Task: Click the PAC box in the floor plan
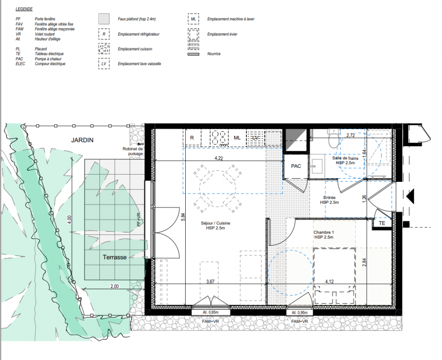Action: [296, 166]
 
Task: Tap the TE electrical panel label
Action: [382, 223]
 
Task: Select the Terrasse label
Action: [115, 257]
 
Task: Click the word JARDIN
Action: [82, 140]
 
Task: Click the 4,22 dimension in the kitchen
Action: [219, 158]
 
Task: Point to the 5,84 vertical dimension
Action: [183, 217]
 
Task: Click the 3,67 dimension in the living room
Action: [210, 282]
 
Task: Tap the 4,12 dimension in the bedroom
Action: [329, 282]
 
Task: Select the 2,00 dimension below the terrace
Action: [115, 286]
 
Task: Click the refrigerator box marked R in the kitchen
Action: [192, 138]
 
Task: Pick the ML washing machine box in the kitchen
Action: [237, 138]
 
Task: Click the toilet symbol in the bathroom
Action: [334, 138]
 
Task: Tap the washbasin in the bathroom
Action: [317, 166]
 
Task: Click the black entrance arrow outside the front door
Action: [410, 196]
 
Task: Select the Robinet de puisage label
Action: [133, 151]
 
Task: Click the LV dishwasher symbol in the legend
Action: [104, 64]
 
